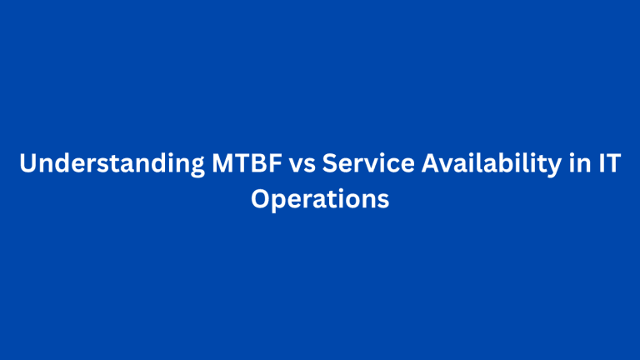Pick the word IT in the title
[x=606, y=165]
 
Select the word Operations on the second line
[x=320, y=201]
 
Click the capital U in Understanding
[x=27, y=165]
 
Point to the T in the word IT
[x=611, y=165]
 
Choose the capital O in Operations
[x=261, y=201]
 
